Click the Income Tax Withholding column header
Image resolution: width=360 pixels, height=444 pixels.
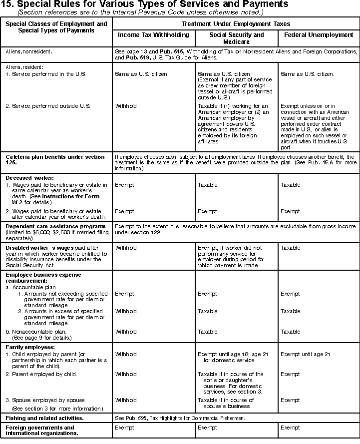pyautogui.click(x=153, y=35)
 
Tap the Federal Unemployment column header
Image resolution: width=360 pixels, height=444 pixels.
pyautogui.click(x=319, y=35)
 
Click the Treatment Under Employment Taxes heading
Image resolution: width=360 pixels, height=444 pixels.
pyautogui.click(x=236, y=24)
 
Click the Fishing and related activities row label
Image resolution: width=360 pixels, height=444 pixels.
pyautogui.click(x=44, y=418)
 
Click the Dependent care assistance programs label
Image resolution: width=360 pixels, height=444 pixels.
pyautogui.click(x=55, y=227)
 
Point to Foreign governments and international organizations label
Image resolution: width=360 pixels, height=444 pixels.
pyautogui.click(x=40, y=431)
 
